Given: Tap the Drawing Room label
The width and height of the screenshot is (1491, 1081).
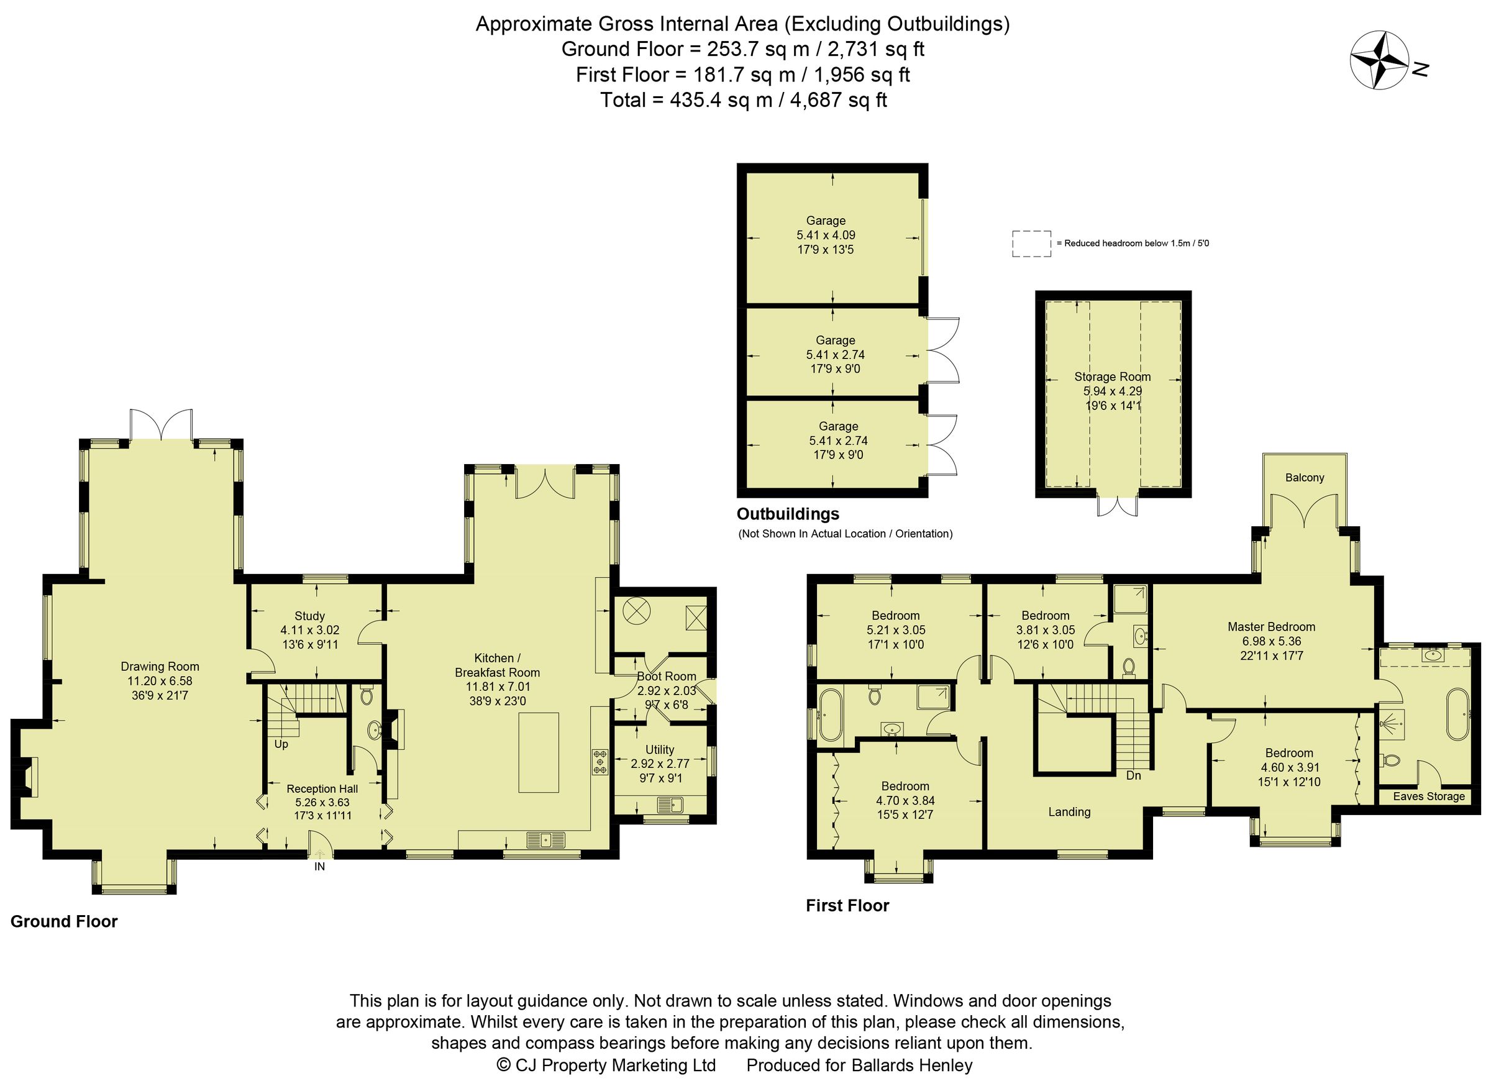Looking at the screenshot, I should point(160,666).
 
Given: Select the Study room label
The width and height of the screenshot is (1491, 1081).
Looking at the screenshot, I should point(309,616).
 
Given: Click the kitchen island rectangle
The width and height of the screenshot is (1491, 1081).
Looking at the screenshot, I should point(539,753).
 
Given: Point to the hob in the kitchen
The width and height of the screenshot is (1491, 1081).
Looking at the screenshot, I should point(600,762).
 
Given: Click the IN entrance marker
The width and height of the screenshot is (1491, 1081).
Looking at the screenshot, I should point(319,867).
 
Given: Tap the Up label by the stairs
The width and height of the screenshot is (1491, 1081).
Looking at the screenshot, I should point(281,744).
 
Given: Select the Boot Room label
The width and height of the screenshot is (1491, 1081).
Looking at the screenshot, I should point(666,676).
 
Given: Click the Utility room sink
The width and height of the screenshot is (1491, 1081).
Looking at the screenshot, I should point(670,804).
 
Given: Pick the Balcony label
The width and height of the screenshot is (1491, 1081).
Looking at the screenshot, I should point(1304,477).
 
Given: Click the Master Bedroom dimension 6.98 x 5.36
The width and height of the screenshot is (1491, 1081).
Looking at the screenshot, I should point(1271,641).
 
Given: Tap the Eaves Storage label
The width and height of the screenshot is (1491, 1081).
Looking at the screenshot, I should point(1428,796).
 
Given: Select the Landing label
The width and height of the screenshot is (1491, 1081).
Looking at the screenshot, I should point(1069,811).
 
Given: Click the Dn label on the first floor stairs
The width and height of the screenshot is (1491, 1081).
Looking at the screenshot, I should point(1133,775).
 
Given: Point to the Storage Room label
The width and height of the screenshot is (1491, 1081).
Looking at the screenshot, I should point(1112,376).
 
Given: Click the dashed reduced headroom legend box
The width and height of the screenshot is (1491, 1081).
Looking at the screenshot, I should point(1031,244).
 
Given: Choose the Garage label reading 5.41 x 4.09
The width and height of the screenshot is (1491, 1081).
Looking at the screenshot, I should point(826,235).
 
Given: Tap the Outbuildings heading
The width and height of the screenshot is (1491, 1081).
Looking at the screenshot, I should point(788,514).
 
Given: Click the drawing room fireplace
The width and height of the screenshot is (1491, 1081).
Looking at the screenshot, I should point(27,777).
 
